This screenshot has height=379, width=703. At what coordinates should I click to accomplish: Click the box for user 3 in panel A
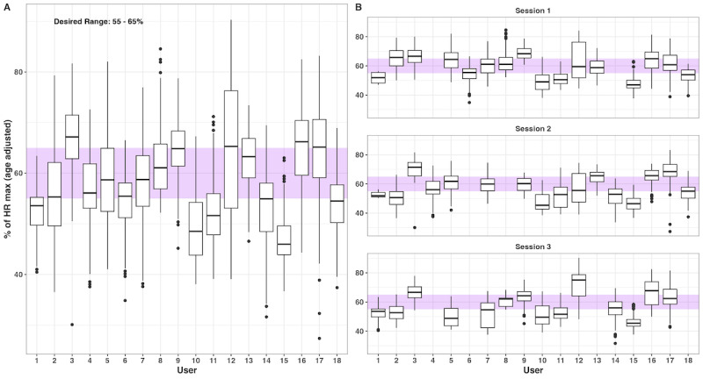[x=72, y=137]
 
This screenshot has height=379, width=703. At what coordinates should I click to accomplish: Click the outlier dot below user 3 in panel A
[x=72, y=325]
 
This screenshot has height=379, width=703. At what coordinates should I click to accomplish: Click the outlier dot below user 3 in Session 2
[x=415, y=228]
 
